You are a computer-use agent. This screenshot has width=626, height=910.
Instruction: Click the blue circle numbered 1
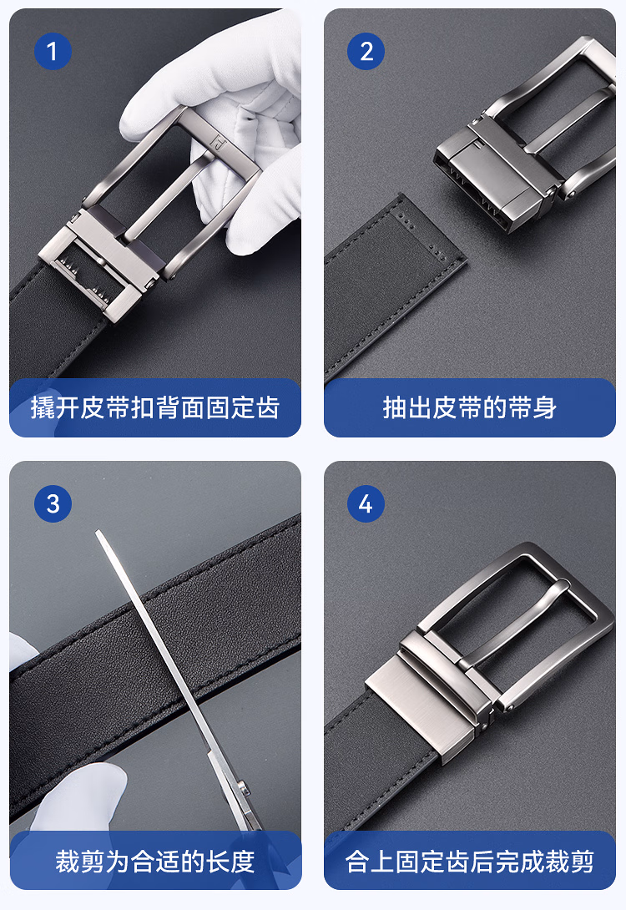53,51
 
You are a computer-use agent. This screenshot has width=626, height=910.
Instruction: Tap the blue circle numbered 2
366,51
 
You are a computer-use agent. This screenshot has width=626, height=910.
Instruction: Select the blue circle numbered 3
53,503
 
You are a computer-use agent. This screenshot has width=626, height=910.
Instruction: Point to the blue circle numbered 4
366,503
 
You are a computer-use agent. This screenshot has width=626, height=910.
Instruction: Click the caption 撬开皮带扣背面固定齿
155,407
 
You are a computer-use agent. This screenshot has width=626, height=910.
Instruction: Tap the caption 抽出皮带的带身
470,407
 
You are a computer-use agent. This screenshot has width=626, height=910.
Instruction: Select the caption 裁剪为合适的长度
155,862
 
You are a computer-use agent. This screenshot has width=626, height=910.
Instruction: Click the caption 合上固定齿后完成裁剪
470,862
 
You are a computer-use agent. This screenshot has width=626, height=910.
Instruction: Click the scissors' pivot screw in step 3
243,787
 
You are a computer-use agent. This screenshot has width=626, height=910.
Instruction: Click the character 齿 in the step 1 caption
268,407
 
